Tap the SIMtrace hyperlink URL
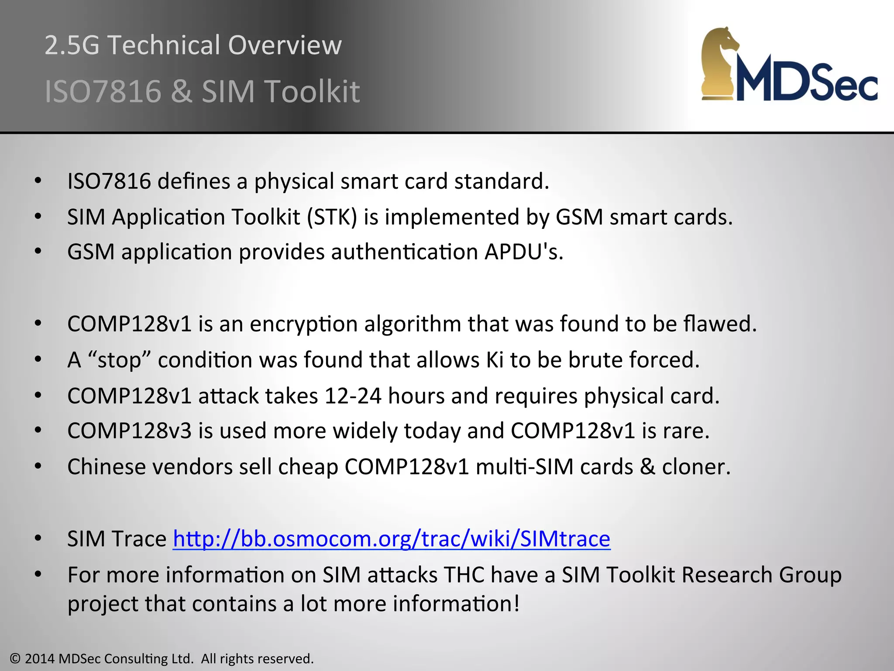[x=391, y=539]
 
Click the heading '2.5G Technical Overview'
[x=193, y=45]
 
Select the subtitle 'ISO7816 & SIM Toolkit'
[x=202, y=91]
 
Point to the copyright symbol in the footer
[x=15, y=659]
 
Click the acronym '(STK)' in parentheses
[x=332, y=217]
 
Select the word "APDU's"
[x=523, y=252]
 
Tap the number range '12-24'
[x=353, y=396]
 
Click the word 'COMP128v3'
[x=129, y=431]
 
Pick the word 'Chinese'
[x=106, y=467]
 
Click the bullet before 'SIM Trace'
[x=38, y=539]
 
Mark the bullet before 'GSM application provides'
[x=38, y=252]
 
